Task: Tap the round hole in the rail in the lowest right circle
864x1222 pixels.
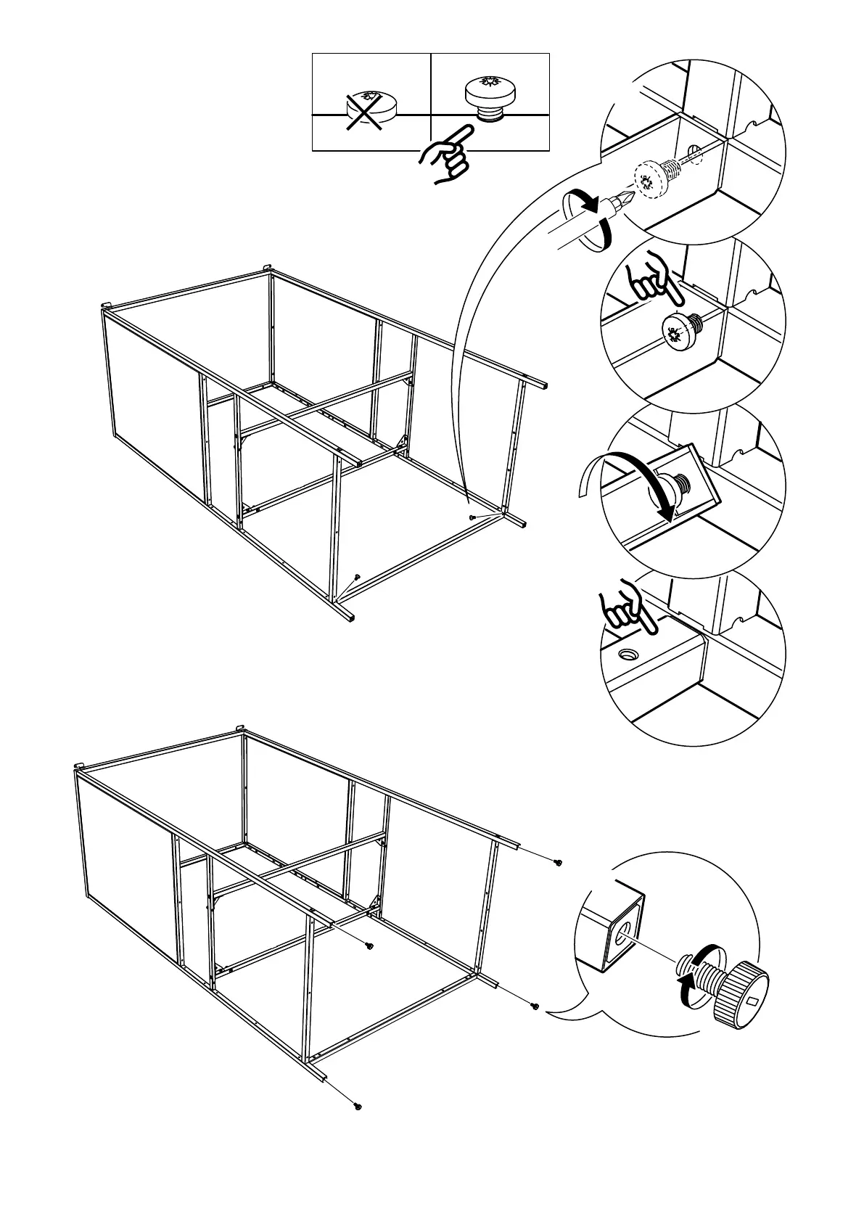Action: point(628,654)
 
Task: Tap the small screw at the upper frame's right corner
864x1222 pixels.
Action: point(472,517)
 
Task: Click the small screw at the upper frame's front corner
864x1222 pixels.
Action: point(356,577)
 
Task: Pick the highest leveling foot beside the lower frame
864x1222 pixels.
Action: point(557,862)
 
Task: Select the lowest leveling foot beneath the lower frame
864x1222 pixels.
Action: point(358,1126)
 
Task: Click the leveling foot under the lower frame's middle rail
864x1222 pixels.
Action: point(369,945)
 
